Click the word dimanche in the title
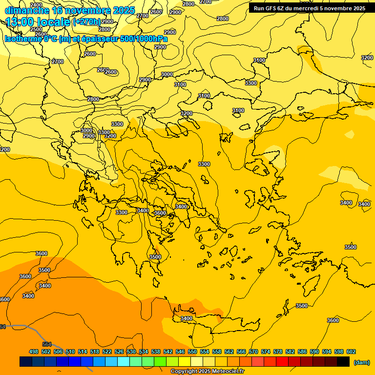point(27,10)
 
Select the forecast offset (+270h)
point(86,22)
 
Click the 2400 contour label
point(36,5)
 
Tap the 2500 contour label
point(36,29)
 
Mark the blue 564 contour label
point(47,344)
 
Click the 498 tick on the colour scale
point(34,352)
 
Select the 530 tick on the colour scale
point(131,352)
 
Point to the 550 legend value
point(192,352)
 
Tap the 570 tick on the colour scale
point(253,352)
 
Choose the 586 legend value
point(302,352)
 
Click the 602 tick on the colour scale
point(351,352)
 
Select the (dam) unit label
point(361,362)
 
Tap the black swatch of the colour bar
point(343,361)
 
